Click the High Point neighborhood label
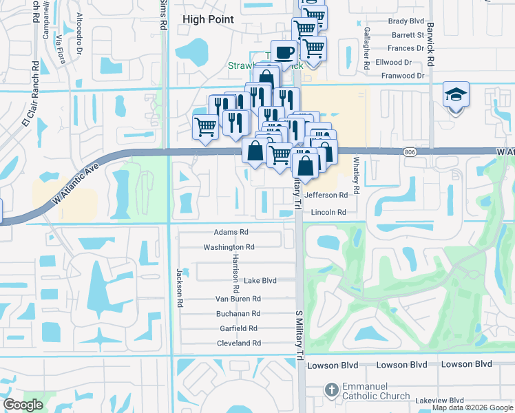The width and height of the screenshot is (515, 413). point(208,20)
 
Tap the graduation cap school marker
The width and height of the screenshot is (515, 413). point(456,94)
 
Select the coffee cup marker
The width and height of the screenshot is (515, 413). point(284,52)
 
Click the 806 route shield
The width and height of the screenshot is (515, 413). point(411,151)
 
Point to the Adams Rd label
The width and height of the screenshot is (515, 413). point(230,233)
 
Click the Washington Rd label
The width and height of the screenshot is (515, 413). point(229,247)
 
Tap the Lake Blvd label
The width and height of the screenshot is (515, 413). point(260,281)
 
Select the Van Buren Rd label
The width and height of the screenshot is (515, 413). point(238,299)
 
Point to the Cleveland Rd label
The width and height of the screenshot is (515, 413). point(238,343)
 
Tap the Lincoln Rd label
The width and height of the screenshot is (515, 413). point(328,213)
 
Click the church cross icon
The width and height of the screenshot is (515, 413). point(332,389)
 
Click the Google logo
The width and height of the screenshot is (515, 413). point(23,405)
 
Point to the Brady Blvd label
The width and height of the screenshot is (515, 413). point(406,21)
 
